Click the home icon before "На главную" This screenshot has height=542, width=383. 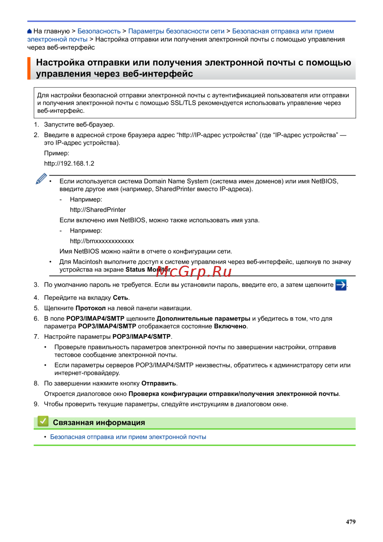[29, 31]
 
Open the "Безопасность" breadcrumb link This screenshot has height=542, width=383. [99, 31]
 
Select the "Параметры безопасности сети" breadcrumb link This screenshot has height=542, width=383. [176, 31]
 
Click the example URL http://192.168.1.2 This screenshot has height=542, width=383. [69, 163]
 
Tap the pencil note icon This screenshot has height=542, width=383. [41, 179]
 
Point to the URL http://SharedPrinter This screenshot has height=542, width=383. [98, 210]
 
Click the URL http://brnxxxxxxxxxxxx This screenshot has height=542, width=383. [102, 241]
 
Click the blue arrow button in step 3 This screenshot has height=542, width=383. [340, 285]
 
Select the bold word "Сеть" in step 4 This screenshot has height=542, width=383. [121, 298]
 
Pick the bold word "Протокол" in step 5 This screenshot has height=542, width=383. [90, 308]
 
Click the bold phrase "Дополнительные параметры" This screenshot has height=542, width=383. [203, 319]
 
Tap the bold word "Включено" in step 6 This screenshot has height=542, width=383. [230, 326]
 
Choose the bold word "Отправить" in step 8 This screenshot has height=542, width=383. [159, 383]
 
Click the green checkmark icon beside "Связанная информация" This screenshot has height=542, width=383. [43, 422]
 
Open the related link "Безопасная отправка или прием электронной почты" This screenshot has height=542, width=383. [128, 437]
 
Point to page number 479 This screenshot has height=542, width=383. [350, 522]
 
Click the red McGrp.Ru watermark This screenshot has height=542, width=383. [194, 271]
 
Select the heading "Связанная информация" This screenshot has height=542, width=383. [99, 422]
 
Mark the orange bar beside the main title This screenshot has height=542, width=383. [29, 68]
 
